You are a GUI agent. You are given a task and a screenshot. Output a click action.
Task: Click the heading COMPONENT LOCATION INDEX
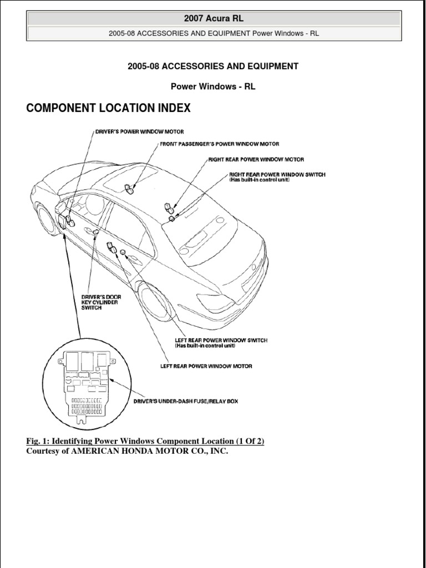(108, 108)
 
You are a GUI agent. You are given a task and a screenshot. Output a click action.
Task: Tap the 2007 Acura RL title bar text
(214, 18)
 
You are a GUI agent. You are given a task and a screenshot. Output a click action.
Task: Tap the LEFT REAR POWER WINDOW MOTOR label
(206, 366)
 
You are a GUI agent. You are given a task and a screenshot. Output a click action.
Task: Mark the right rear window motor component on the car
(169, 209)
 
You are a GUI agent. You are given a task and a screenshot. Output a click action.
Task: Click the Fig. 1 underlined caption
(145, 441)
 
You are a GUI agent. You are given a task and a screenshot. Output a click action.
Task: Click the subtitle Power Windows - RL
(213, 87)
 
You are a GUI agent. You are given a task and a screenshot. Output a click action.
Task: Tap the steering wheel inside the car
(94, 205)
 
